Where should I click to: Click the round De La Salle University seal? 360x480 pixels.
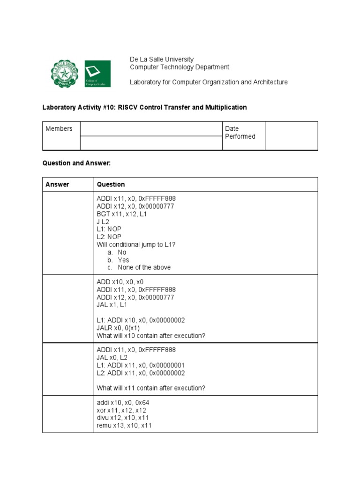coord(66,74)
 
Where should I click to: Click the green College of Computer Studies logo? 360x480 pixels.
coord(97,74)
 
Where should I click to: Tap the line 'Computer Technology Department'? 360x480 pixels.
coord(180,67)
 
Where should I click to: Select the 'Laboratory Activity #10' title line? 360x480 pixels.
coord(144,107)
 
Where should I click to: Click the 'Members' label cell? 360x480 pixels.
coord(59,129)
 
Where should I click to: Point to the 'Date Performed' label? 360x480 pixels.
coord(240,133)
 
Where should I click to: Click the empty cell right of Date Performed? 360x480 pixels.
coord(291,136)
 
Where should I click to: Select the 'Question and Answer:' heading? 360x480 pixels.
coord(76,163)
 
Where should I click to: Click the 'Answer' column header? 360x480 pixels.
coord(57,184)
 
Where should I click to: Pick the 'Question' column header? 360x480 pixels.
coord(111,184)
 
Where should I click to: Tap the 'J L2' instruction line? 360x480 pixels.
coord(103,221)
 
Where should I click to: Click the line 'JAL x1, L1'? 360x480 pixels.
coord(112,305)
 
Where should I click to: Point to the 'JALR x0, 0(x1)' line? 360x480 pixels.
coord(118,328)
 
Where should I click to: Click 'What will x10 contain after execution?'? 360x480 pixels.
coord(151,336)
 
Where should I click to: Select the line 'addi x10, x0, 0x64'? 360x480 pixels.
coord(123,403)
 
